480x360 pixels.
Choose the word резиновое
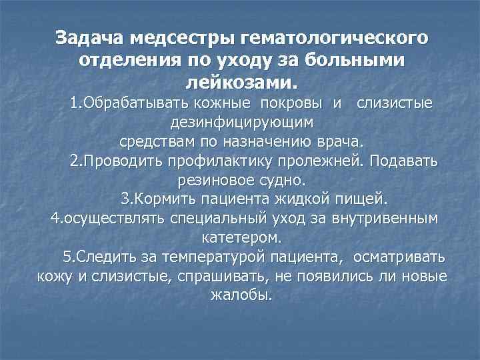point(215,180)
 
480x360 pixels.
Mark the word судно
point(281,180)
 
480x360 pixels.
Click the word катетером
point(241,237)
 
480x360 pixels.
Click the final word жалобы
point(241,295)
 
